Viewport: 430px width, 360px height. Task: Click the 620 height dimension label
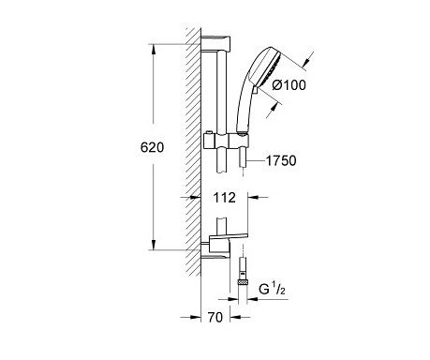pyautogui.click(x=152, y=147)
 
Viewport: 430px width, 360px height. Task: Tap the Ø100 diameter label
pyautogui.click(x=289, y=85)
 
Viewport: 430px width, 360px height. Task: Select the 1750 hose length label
pyautogui.click(x=281, y=160)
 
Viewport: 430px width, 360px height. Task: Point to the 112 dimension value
pyautogui.click(x=224, y=198)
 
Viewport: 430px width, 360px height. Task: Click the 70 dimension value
pyautogui.click(x=215, y=317)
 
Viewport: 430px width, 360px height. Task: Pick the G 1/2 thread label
pyautogui.click(x=272, y=289)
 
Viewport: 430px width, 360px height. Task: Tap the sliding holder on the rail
pyautogui.click(x=227, y=141)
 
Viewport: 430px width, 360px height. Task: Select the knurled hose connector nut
pyautogui.click(x=243, y=282)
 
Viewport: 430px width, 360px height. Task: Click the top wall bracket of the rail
pyautogui.click(x=215, y=43)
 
